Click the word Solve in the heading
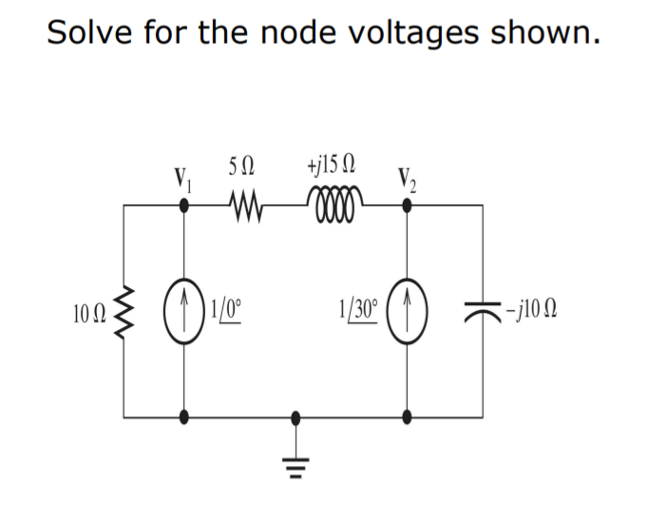click(x=88, y=32)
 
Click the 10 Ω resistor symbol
click(x=124, y=309)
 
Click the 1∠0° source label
click(x=230, y=309)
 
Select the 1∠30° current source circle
click(x=408, y=309)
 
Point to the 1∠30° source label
click(x=358, y=309)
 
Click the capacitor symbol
click(x=482, y=310)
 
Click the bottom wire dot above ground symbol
click(x=296, y=417)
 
